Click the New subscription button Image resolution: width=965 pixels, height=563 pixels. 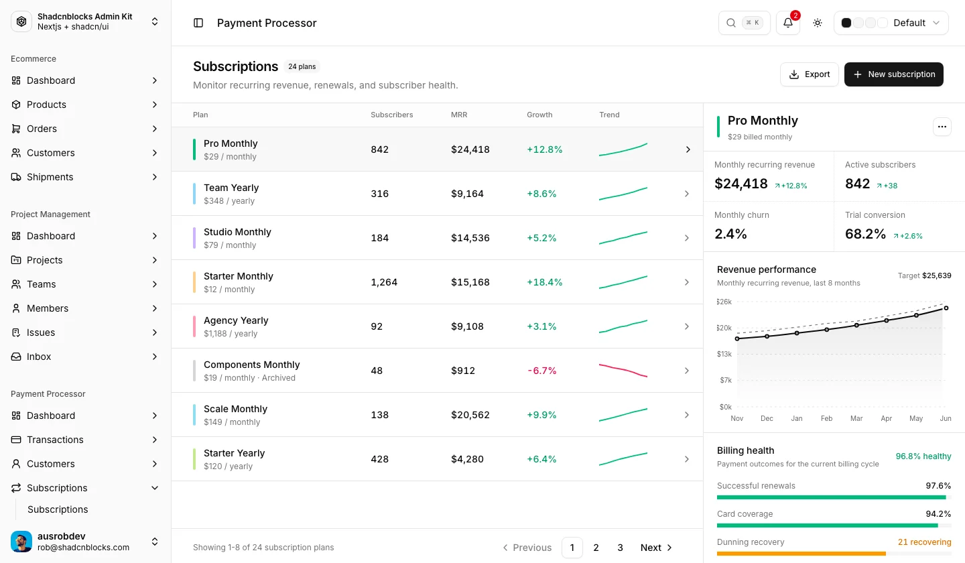[x=893, y=74]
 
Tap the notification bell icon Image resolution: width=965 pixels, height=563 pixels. [x=788, y=23]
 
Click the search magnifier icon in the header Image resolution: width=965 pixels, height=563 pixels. [x=730, y=23]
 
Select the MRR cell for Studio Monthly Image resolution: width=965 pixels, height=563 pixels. [x=470, y=238]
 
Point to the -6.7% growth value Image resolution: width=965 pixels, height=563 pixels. [x=542, y=371]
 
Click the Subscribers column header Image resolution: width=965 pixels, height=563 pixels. [x=391, y=115]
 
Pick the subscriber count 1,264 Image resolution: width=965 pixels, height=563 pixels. [x=384, y=282]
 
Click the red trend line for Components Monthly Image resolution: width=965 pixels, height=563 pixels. [x=623, y=371]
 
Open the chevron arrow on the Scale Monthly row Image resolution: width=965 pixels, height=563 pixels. [x=687, y=415]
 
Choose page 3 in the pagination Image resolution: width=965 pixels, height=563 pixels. [x=620, y=548]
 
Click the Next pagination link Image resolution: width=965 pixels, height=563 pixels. [x=655, y=548]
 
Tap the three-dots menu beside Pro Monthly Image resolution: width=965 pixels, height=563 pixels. [x=942, y=127]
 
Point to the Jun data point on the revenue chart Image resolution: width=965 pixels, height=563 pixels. [x=946, y=308]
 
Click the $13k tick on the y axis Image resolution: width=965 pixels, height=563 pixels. [x=724, y=354]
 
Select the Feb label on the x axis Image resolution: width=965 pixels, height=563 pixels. [x=826, y=418]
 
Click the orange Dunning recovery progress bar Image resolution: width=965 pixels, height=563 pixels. [x=801, y=554]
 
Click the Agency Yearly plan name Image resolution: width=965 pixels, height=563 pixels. [x=236, y=320]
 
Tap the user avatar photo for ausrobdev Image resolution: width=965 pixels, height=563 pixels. [x=21, y=542]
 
